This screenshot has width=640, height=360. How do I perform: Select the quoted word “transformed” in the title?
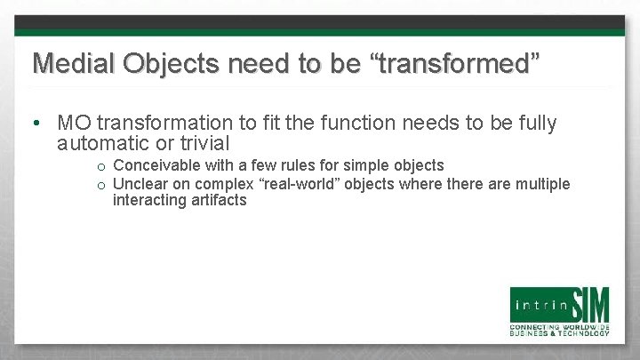[459, 63]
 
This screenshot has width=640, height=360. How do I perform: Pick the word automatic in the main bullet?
[105, 142]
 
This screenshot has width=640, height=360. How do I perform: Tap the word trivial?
[204, 142]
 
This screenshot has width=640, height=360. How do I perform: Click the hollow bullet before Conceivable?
[102, 167]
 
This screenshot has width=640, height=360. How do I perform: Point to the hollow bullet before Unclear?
[102, 185]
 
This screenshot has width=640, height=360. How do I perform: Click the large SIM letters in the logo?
[588, 305]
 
